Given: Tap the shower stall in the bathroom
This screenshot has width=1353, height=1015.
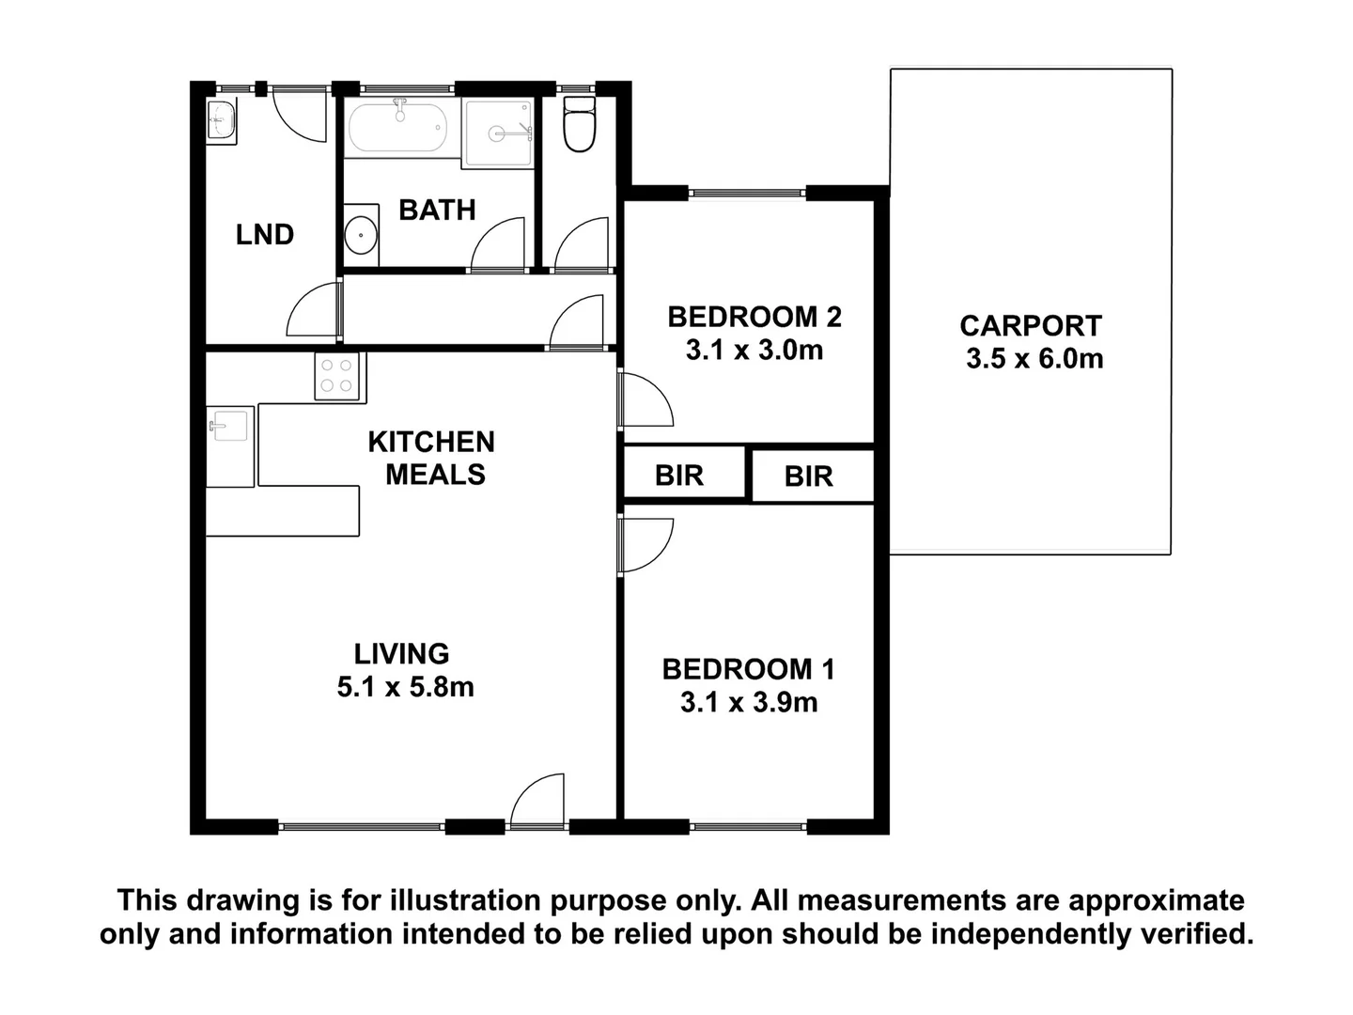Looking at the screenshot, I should pos(498,133).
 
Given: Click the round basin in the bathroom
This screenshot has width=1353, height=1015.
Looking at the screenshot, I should pos(360,235).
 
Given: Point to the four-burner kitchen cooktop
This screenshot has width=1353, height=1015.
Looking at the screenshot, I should pos(337,377).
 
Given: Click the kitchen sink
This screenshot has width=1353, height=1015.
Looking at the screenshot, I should pos(228,425).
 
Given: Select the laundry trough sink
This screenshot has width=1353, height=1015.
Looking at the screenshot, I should pos(222,120).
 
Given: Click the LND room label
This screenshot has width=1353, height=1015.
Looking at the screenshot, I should pos(264,234).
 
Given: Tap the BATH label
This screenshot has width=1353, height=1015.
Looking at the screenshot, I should pos(437,210).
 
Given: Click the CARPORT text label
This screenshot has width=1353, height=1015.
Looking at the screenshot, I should pos(1030,326).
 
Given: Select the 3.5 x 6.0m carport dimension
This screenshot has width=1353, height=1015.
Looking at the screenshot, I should pos(1034,359).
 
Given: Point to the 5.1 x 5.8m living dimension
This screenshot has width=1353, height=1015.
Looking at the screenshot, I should pos(405,687).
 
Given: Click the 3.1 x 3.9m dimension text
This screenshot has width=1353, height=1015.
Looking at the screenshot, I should pos(749,702).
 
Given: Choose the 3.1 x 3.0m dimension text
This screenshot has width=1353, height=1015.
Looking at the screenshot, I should pos(754,351).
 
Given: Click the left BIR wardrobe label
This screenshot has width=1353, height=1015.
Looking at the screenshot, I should pos(678,476).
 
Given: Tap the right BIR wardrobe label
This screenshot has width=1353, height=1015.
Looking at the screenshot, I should pos(808,476).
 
